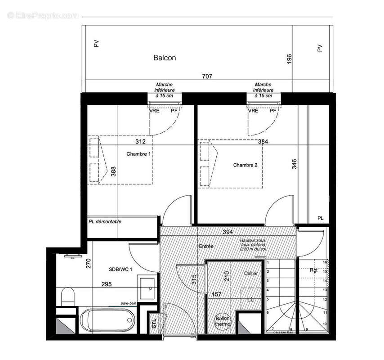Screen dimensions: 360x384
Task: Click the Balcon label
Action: (165, 58)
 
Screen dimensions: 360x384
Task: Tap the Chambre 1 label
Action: (138, 154)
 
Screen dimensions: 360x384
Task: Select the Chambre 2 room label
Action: (245, 165)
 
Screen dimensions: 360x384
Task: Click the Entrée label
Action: (206, 246)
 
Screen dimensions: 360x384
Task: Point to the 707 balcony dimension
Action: (206, 76)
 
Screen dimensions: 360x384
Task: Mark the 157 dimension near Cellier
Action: (217, 295)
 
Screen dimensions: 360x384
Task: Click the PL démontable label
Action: (105, 221)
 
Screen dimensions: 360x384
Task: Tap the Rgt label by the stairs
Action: (313, 270)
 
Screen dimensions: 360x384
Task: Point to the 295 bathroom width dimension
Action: (106, 284)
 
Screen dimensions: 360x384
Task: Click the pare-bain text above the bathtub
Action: (129, 304)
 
